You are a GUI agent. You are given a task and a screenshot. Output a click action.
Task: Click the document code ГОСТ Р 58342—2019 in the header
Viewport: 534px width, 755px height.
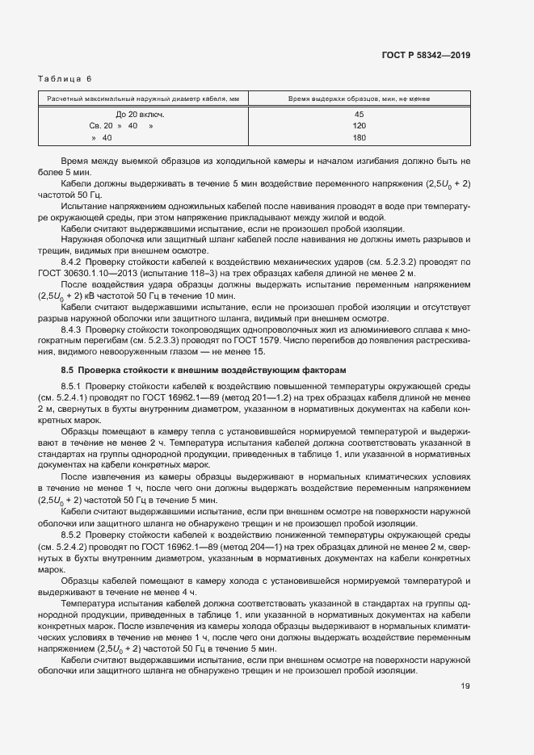[425, 56]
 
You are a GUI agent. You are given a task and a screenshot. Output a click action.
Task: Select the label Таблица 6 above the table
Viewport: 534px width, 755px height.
[65, 78]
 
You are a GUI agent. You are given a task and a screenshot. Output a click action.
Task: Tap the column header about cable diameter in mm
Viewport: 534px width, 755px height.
[142, 99]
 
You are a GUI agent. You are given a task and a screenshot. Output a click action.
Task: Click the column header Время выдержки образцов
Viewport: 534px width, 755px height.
[360, 99]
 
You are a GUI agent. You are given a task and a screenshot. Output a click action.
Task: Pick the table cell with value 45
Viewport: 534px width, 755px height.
[360, 115]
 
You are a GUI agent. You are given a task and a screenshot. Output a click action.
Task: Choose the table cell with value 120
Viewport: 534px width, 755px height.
[360, 126]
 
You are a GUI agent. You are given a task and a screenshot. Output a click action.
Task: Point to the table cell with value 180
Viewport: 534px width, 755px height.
[360, 138]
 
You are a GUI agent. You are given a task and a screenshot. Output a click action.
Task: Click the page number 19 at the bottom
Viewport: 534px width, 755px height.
[465, 686]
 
